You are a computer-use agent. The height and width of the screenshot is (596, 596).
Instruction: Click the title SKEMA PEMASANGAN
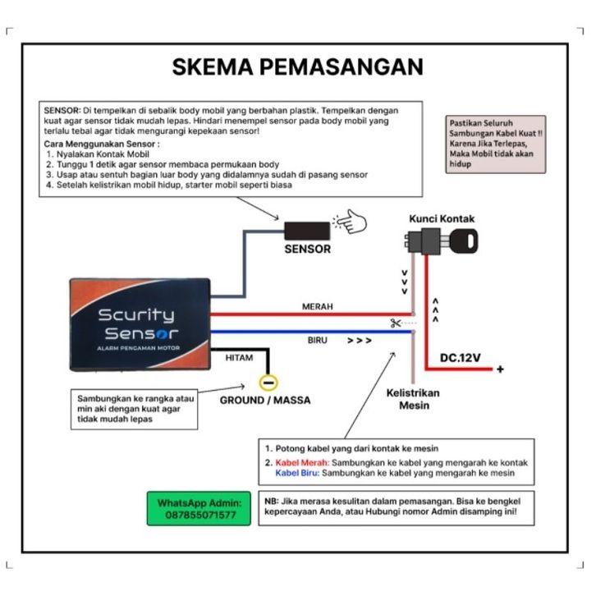[x=297, y=67]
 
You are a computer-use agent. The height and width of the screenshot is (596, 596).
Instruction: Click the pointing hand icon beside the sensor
[x=349, y=220]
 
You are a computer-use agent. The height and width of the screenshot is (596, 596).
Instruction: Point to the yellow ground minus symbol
[x=267, y=382]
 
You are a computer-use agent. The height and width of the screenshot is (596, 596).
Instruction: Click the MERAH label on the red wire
[x=318, y=306]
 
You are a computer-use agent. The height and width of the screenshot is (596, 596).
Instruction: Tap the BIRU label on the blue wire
[x=317, y=340]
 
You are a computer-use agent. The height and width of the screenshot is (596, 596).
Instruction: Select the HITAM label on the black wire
[x=233, y=358]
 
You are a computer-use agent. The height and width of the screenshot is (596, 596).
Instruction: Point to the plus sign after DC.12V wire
[x=500, y=370]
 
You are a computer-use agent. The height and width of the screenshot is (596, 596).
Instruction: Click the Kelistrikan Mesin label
[x=412, y=399]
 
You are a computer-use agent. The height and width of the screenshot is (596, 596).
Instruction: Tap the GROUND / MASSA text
[x=265, y=401]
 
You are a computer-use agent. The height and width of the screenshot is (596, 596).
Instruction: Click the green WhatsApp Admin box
[x=199, y=508]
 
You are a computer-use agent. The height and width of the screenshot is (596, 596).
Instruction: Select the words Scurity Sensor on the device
[x=136, y=324]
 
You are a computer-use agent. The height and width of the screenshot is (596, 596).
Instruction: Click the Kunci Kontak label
[x=442, y=219]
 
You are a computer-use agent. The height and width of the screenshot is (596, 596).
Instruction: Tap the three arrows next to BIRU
[x=359, y=339]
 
